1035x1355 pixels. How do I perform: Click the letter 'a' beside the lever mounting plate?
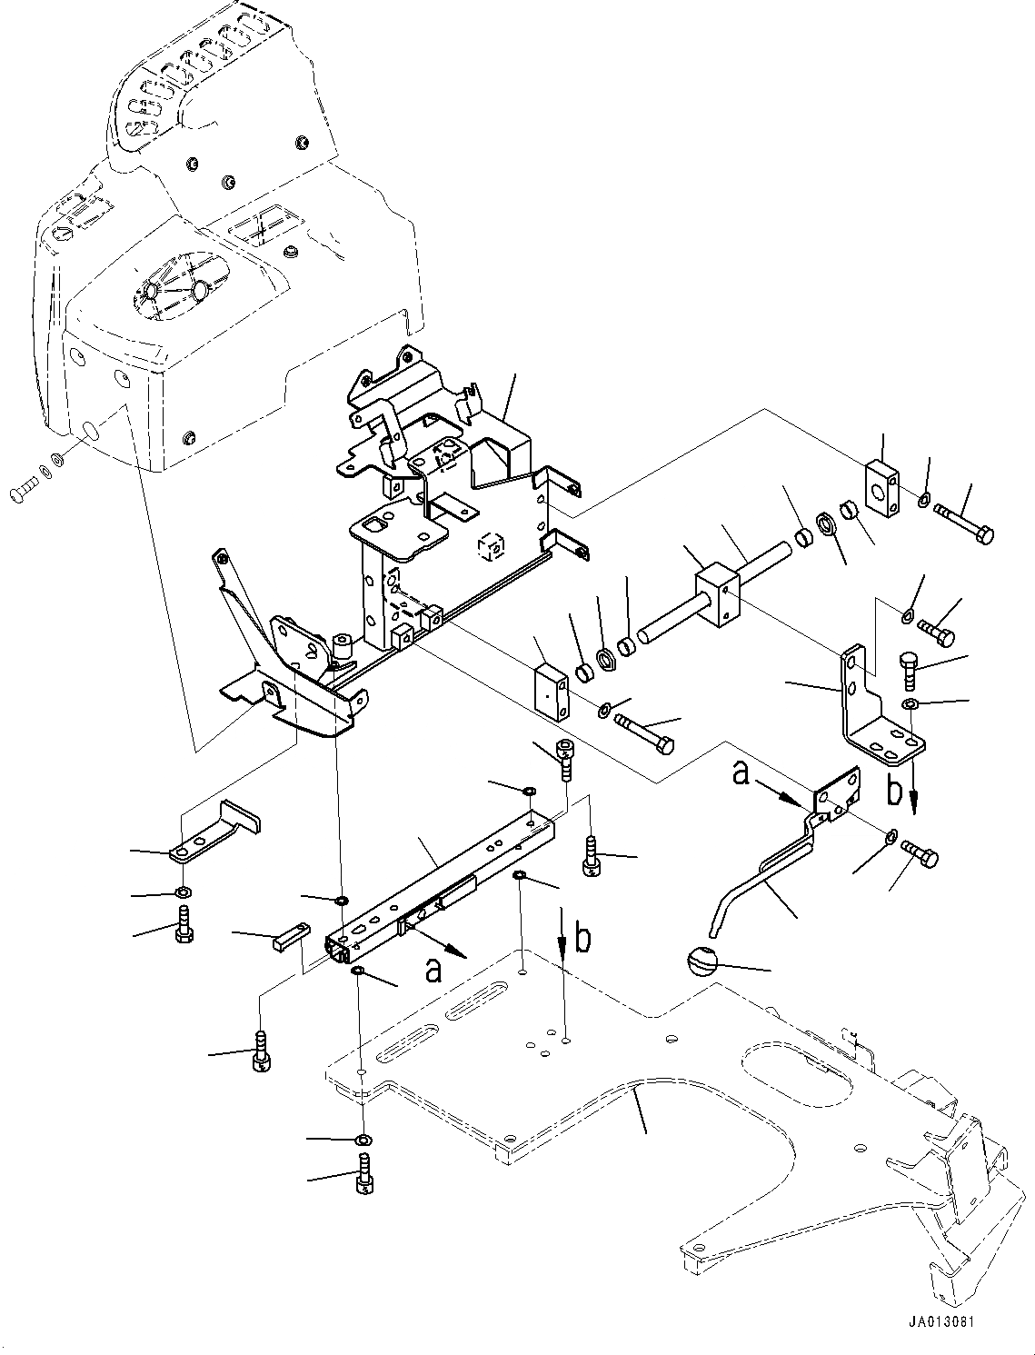tap(741, 774)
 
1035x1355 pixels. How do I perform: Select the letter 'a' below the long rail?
tap(433, 971)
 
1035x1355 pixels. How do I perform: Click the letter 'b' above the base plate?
tap(582, 940)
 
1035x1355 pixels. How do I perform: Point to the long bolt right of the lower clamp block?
tap(644, 732)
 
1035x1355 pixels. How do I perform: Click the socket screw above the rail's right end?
tap(563, 757)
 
